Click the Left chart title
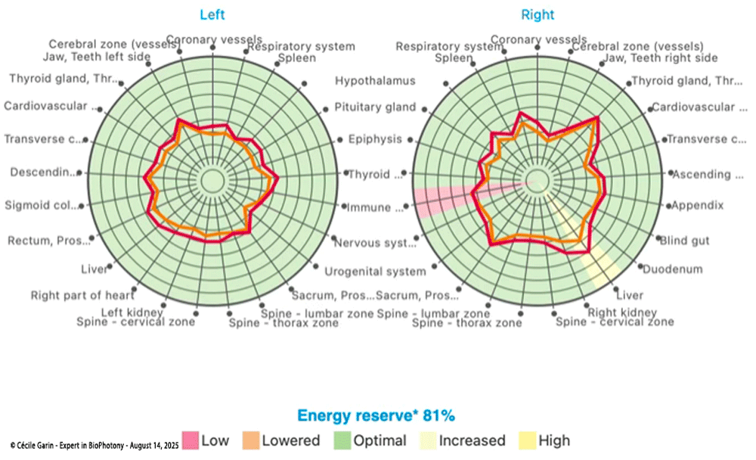pos(212,14)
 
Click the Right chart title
pos(538,14)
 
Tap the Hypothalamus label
pos(376,81)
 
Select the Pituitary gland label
pos(375,107)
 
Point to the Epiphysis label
pos(375,139)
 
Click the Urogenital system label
pos(375,272)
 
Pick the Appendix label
pos(698,205)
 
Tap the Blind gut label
pos(685,241)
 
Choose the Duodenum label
pos(673,269)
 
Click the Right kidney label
pos(622,312)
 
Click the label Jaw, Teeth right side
pos(654,58)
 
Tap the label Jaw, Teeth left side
pos(81,58)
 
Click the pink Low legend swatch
pos(190,440)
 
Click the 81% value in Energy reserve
pos(438,415)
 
